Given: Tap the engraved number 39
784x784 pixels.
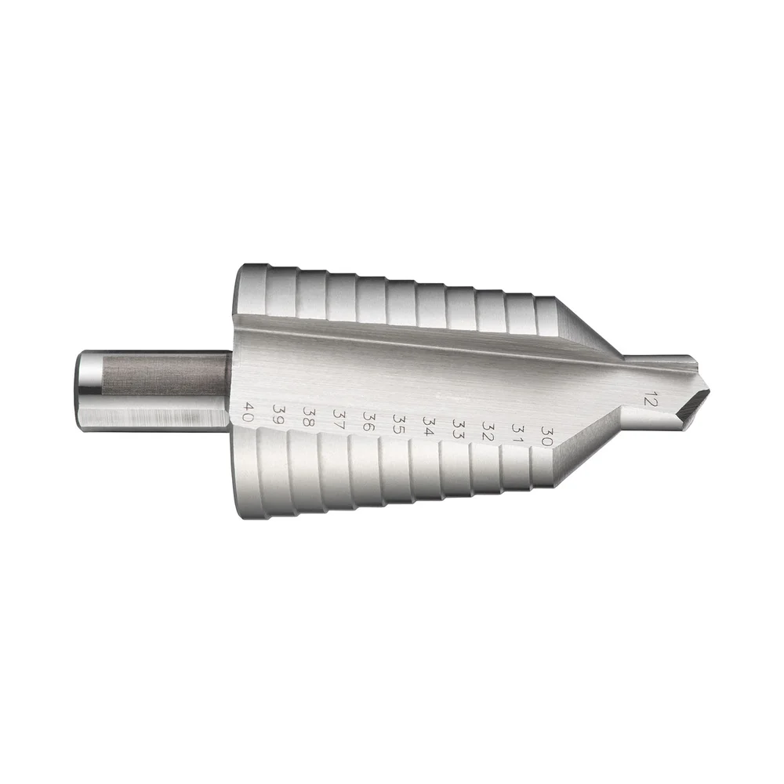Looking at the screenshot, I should [x=278, y=413].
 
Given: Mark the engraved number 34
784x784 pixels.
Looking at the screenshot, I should [x=429, y=426].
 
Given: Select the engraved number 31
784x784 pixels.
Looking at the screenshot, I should [x=517, y=434].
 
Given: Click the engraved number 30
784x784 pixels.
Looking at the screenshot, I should [x=546, y=436].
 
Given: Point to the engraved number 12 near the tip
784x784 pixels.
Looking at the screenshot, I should [x=648, y=397].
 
